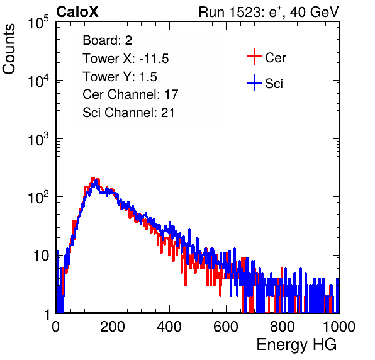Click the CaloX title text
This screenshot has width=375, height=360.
(77, 12)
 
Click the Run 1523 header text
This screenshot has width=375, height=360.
(269, 12)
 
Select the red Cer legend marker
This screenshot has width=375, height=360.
(254, 57)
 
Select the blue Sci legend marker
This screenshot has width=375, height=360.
(254, 82)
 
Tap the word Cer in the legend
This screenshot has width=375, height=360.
(275, 58)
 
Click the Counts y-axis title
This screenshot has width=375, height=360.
(9, 49)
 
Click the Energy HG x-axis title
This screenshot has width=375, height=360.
(296, 345)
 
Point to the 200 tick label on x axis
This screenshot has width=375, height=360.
(112, 327)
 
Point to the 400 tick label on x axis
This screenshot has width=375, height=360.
(169, 327)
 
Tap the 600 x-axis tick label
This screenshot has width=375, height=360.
(226, 327)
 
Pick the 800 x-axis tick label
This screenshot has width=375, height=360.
(283, 327)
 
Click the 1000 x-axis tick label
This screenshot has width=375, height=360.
(339, 327)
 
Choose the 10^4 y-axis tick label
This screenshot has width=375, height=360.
(38, 81)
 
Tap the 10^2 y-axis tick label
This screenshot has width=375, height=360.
(38, 197)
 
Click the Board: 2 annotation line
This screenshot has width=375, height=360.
(108, 40)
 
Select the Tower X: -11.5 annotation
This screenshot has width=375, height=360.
(126, 59)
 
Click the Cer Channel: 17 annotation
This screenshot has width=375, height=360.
(131, 94)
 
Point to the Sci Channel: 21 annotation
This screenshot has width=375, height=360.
(128, 113)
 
